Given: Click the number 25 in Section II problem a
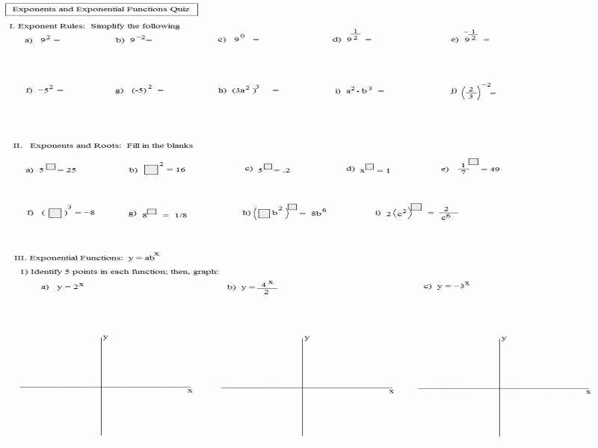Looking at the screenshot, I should point(71,170).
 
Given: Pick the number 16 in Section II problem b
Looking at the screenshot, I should point(180,170).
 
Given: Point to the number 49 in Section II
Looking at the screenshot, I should point(495,169).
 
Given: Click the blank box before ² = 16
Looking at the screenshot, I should point(152,169).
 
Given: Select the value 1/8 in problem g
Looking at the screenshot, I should point(180,215).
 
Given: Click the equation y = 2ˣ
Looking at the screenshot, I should point(70,287).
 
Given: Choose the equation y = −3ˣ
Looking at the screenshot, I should point(454,286).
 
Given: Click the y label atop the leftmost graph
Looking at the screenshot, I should point(105,337).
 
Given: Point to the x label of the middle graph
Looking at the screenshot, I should point(391,391).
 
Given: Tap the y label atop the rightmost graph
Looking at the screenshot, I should point(504,338).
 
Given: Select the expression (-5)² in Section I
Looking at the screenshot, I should point(142,90).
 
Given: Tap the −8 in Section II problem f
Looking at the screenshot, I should point(89,213).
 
